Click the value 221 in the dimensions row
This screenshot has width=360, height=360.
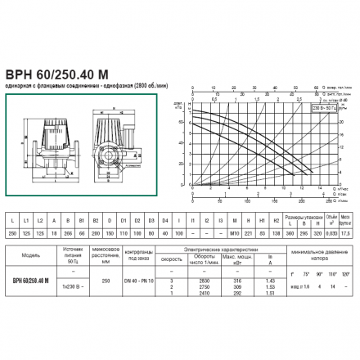point(236,232)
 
